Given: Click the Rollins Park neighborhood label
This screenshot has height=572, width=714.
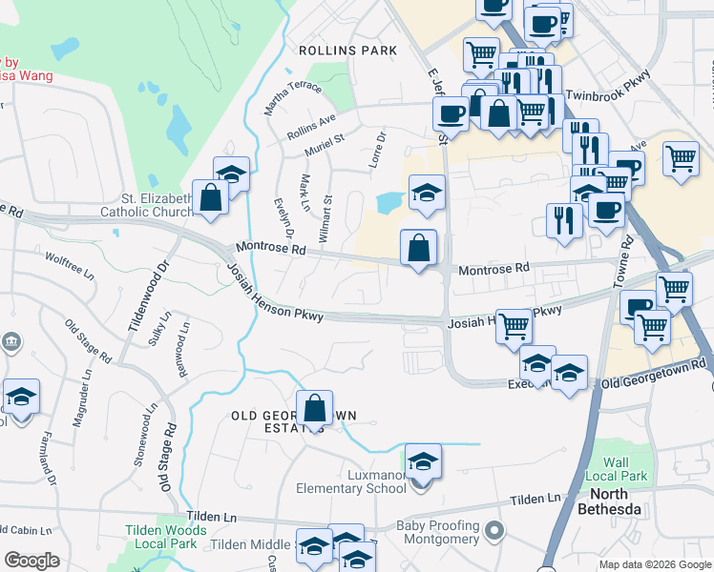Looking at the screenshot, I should (333, 50).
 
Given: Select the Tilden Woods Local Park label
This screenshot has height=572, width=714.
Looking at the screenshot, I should (166, 537).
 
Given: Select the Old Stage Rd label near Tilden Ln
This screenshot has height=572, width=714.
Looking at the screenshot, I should (167, 459).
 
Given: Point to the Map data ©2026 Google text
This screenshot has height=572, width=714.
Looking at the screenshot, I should (654, 564).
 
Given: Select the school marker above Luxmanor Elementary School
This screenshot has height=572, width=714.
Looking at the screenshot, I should (423, 462).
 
